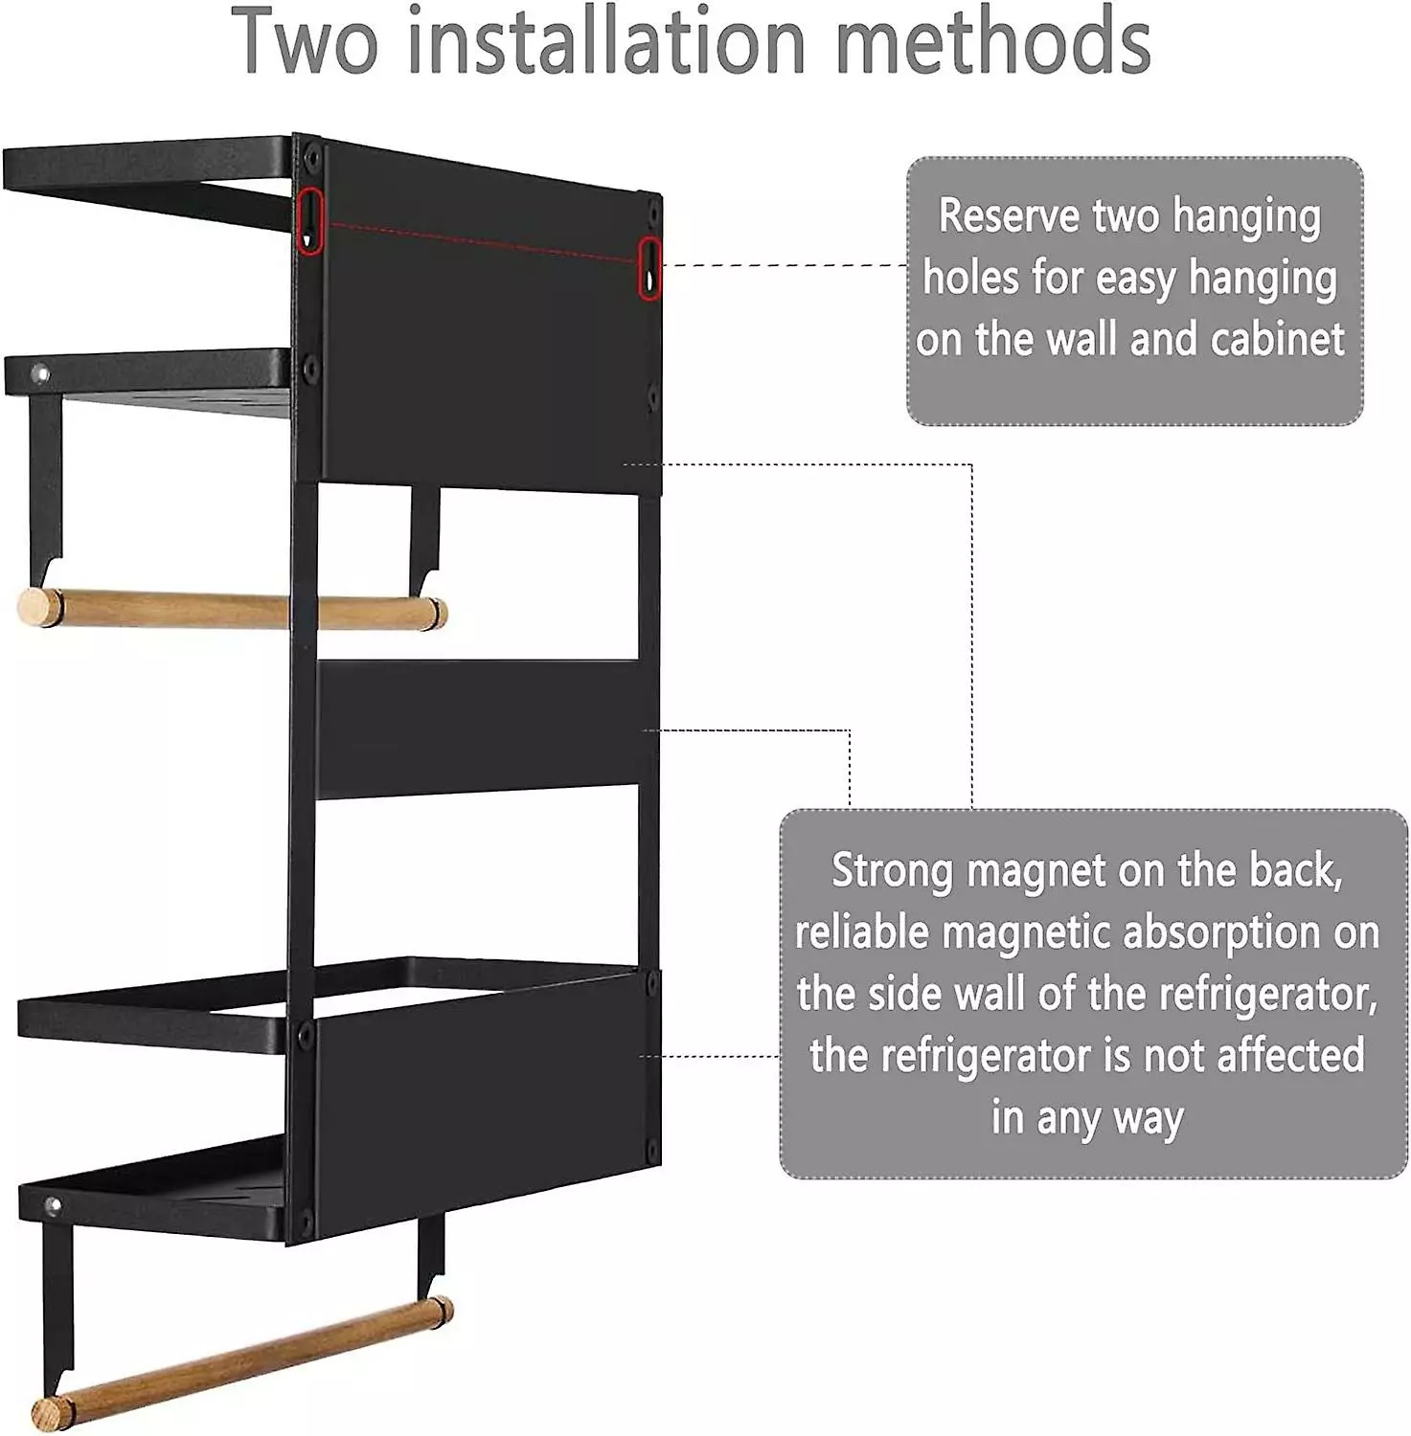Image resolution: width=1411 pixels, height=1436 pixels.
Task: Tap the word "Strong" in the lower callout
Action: click(892, 872)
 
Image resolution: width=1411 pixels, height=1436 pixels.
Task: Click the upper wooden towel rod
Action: click(232, 610)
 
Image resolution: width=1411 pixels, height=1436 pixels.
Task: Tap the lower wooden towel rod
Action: click(242, 1359)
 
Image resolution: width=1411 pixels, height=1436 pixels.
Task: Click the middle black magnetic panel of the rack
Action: click(487, 729)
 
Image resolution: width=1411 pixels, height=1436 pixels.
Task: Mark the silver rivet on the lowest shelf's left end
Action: click(53, 1204)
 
